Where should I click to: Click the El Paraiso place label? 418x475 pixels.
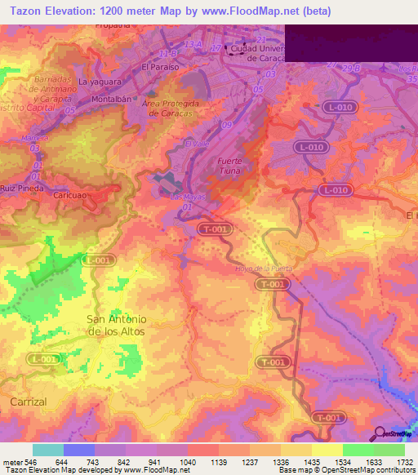(159, 66)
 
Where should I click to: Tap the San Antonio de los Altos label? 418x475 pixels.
(117, 325)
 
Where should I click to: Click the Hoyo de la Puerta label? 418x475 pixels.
(262, 269)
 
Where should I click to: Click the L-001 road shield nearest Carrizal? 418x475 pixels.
(44, 359)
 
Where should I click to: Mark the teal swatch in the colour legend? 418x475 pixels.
(48, 449)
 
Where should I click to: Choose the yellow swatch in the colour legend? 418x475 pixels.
(327, 449)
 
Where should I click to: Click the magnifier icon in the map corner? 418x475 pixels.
(379, 433)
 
